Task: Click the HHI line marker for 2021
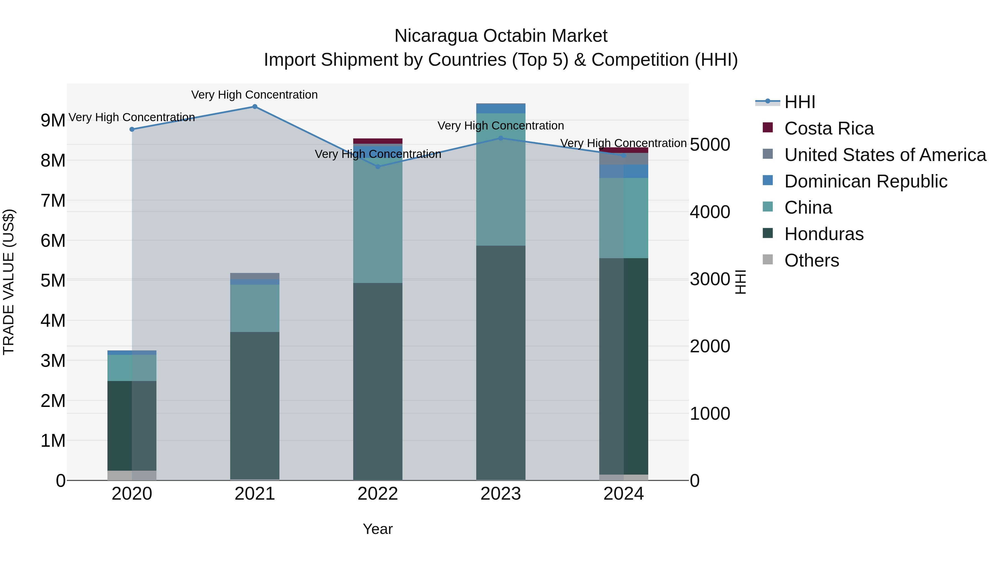[x=255, y=107]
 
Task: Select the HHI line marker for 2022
[x=378, y=167]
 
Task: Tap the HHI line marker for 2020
[x=132, y=129]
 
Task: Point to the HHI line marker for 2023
[x=501, y=138]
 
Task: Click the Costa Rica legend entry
[x=829, y=128]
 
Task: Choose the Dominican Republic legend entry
[x=865, y=181]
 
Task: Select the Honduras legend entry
[x=824, y=234]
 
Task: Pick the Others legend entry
[x=811, y=260]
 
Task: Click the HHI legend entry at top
[x=799, y=102]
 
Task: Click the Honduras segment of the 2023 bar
[x=501, y=362]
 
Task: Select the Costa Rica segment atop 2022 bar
[x=378, y=141]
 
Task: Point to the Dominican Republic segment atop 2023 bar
[x=501, y=108]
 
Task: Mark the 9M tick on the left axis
[x=53, y=120]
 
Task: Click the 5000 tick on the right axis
[x=710, y=145]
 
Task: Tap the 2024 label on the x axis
[x=623, y=494]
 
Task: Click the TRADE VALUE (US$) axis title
[x=9, y=282]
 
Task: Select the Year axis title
[x=378, y=529]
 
